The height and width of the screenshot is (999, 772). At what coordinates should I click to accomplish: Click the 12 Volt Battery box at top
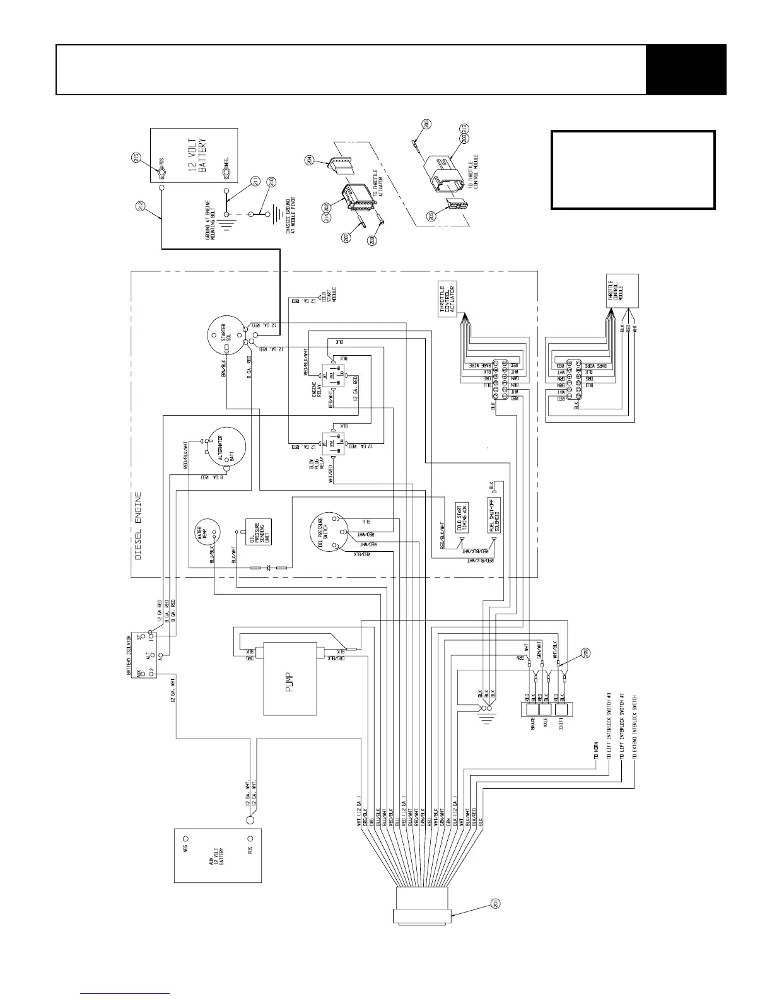(194, 155)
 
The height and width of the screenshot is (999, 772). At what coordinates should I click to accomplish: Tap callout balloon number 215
(136, 158)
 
